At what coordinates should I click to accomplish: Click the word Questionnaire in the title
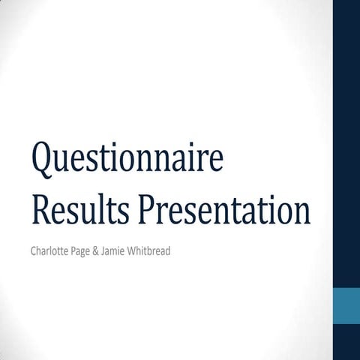pos(127,160)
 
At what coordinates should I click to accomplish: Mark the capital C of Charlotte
pos(34,250)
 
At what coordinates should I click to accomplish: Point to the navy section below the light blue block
pos(346,342)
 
